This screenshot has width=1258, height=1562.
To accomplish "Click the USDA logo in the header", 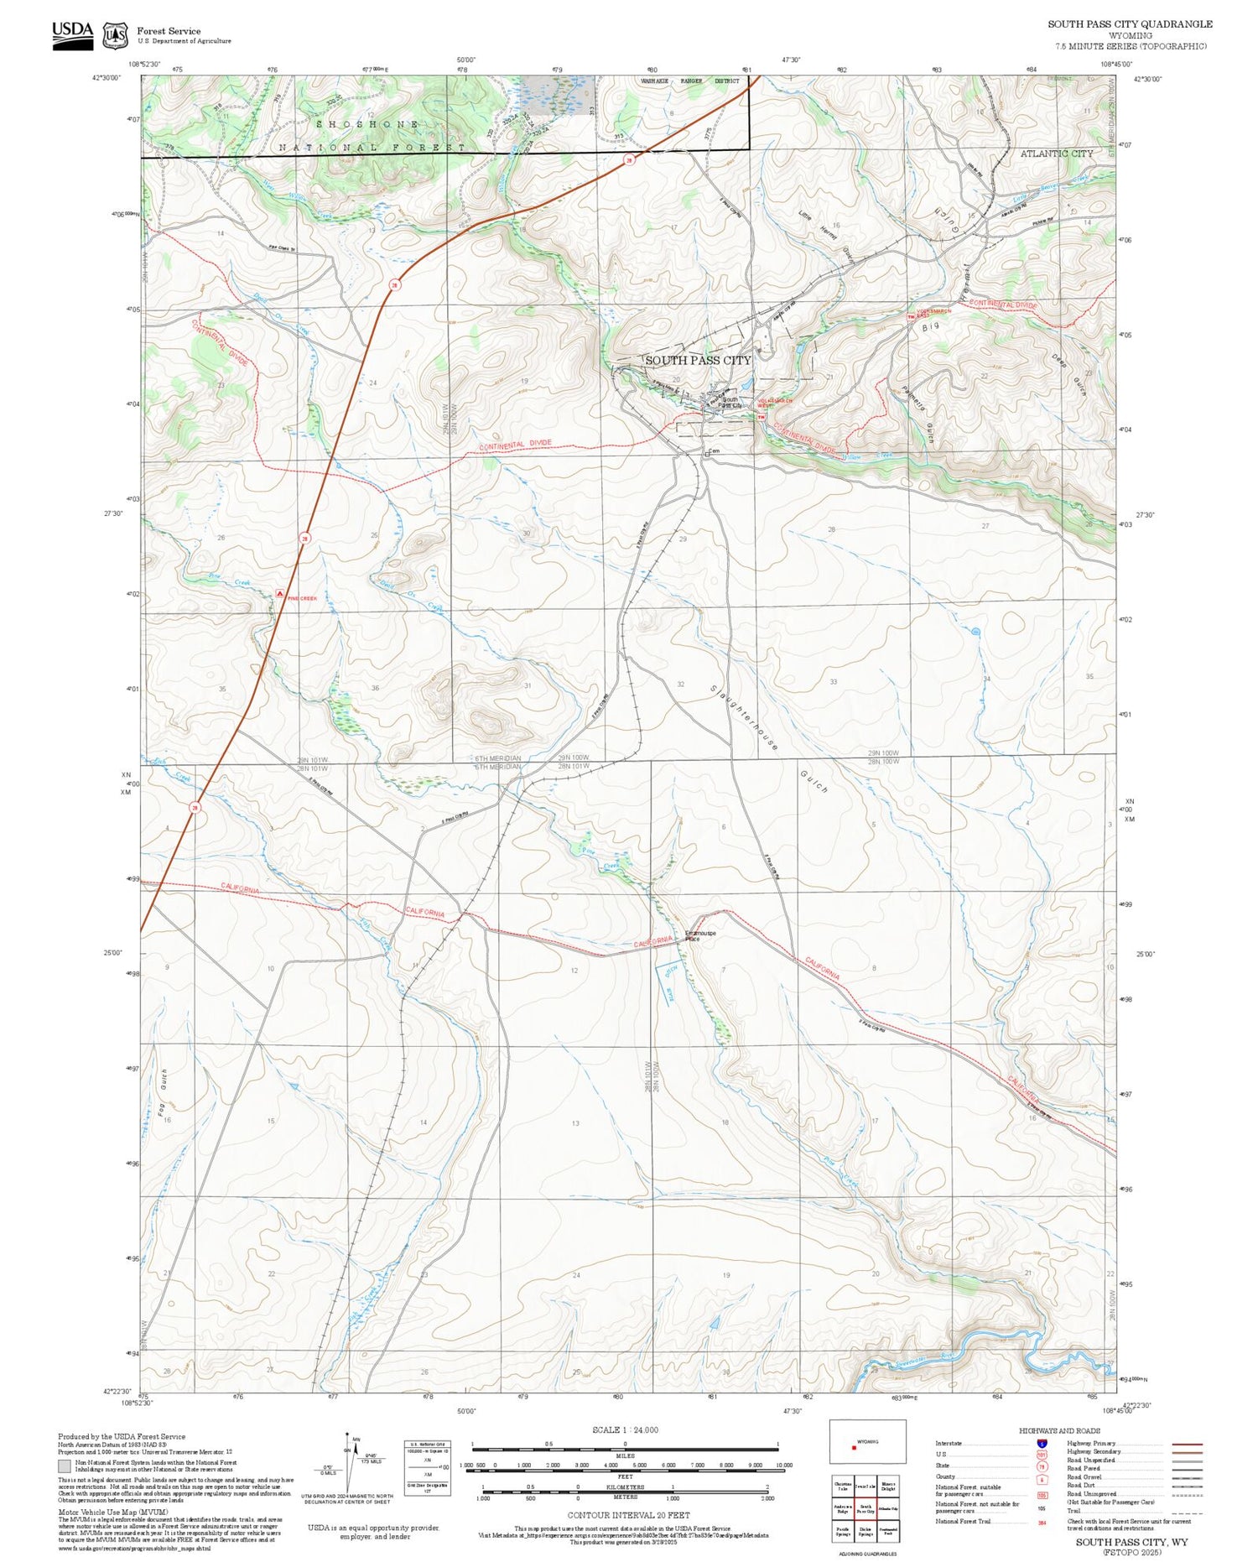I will point(72,34).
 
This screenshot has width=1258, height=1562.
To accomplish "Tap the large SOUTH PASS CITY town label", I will point(698,360).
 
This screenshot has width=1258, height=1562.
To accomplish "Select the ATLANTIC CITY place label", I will point(1056,154).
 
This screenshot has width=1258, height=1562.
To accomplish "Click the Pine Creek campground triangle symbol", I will point(279,593).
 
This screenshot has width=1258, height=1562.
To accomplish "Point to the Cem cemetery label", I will point(714,451).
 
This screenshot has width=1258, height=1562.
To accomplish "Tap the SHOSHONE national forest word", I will point(367,124).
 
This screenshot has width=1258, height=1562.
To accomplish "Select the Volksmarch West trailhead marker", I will point(761,417).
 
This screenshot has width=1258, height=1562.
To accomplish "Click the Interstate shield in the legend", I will point(1042,1444).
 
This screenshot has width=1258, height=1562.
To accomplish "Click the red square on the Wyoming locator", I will point(853,1446).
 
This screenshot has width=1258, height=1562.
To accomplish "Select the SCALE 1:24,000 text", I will point(625,1429).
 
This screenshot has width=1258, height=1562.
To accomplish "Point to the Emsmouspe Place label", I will point(700,935).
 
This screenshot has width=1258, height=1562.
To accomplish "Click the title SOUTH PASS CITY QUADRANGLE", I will point(1129,24).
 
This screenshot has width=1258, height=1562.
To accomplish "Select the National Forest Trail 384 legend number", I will point(1042,1521).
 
